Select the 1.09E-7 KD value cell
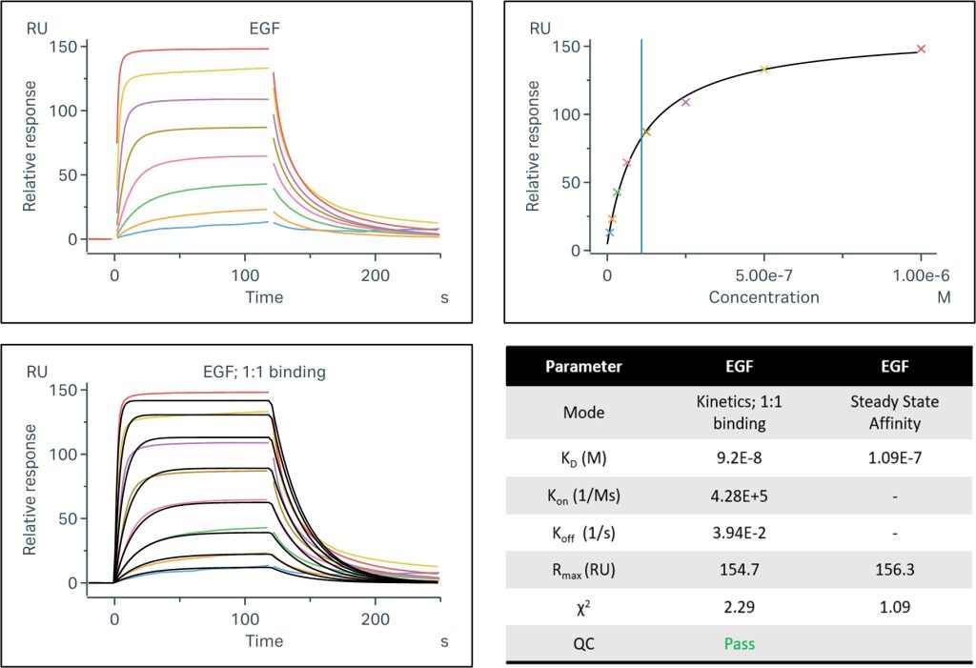887,456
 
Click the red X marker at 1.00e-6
921,49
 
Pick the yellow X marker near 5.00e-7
763,70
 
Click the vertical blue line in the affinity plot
641,143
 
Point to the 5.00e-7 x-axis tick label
763,276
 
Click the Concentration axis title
763,297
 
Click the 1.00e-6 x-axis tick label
920,276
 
